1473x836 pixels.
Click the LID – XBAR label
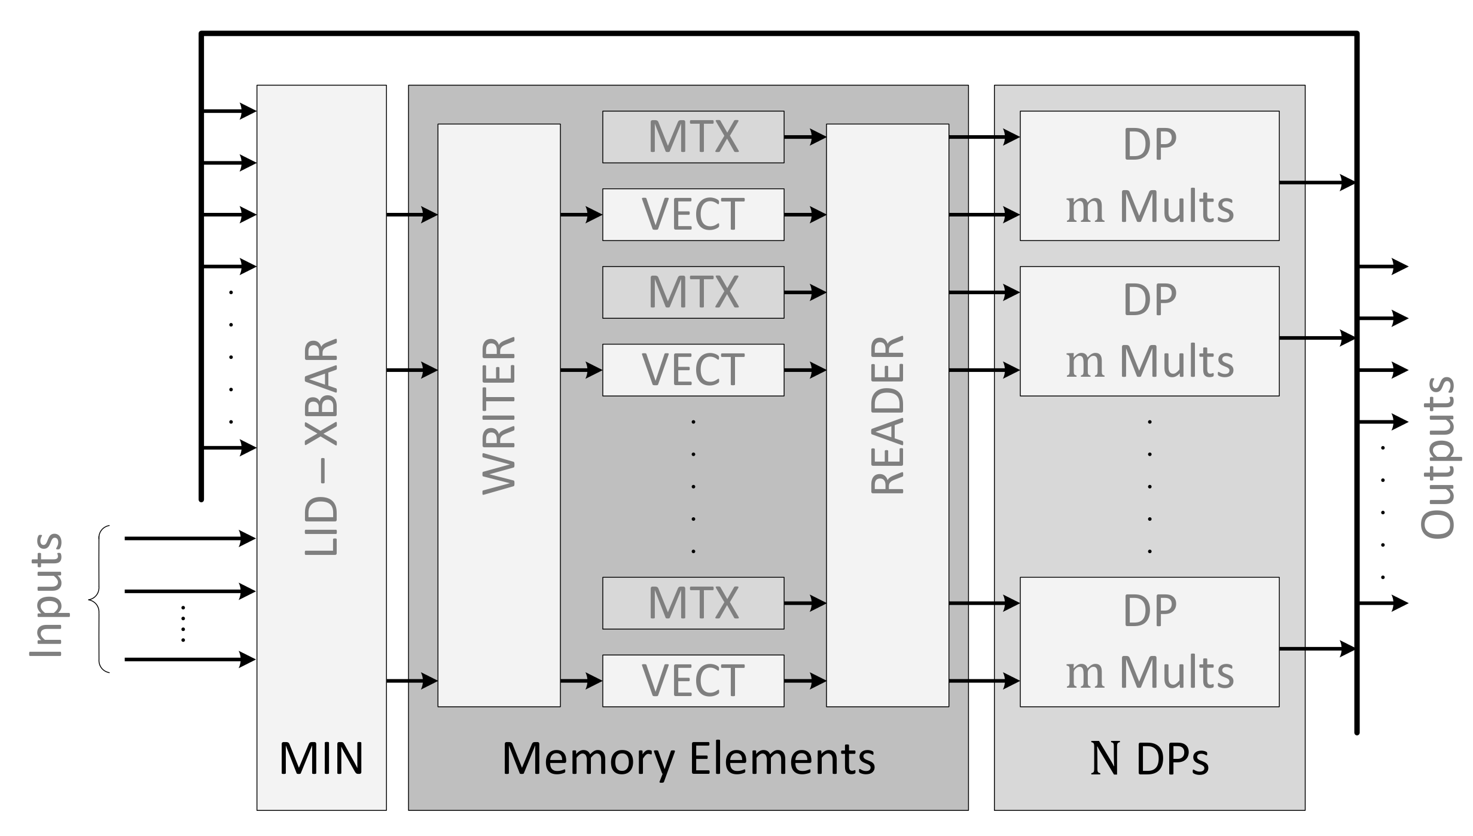[322, 447]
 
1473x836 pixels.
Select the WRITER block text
[499, 415]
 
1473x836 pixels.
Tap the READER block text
[887, 415]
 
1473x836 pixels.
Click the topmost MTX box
[693, 137]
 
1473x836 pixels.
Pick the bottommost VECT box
[693, 681]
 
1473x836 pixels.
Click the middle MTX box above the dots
[693, 292]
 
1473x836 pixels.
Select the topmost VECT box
[693, 215]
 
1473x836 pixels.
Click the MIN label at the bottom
[321, 758]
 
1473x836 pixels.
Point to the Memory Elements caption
[688, 758]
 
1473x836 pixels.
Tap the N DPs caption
[1149, 758]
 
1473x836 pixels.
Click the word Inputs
[46, 596]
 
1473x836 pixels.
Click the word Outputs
[1437, 458]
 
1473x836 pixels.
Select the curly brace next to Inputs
[99, 599]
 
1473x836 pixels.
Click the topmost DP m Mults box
[1149, 176]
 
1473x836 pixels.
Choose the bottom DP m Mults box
[1149, 642]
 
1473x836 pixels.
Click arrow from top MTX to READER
[804, 137]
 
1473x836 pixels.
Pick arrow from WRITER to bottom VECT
[581, 681]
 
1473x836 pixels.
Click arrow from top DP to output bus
[1316, 182]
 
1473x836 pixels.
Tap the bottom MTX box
[693, 603]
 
